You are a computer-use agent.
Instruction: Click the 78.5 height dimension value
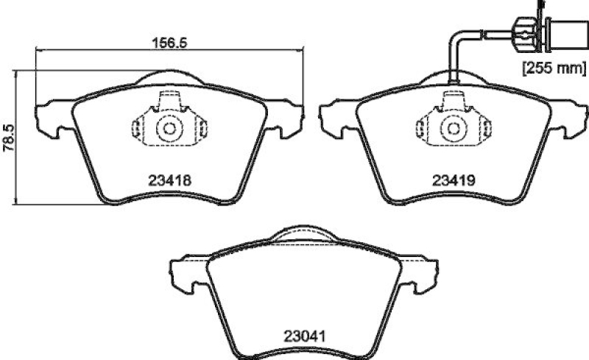(7, 137)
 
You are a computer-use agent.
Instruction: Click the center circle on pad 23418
(169, 129)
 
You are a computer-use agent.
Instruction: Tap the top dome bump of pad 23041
(303, 233)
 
